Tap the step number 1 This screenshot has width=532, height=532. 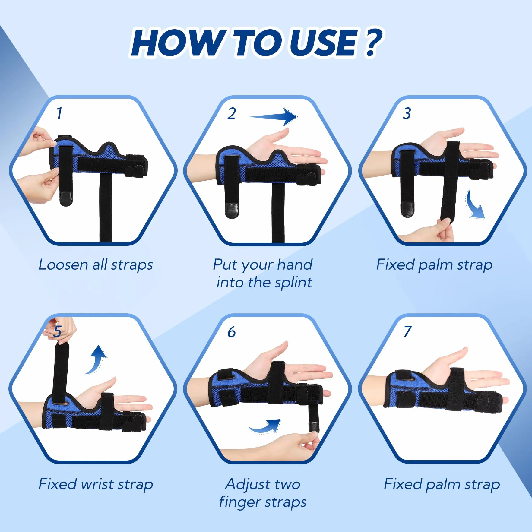pyautogui.click(x=59, y=113)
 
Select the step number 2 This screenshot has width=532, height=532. pyautogui.click(x=232, y=113)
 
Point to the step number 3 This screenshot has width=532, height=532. pyautogui.click(x=407, y=113)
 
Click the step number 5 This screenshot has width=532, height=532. pyautogui.click(x=57, y=331)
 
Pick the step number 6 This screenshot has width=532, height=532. pyautogui.click(x=231, y=332)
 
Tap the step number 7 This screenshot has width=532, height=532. pyautogui.click(x=407, y=331)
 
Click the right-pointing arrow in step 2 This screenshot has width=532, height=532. pyautogui.click(x=273, y=117)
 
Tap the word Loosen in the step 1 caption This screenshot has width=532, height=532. pyautogui.click(x=63, y=265)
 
